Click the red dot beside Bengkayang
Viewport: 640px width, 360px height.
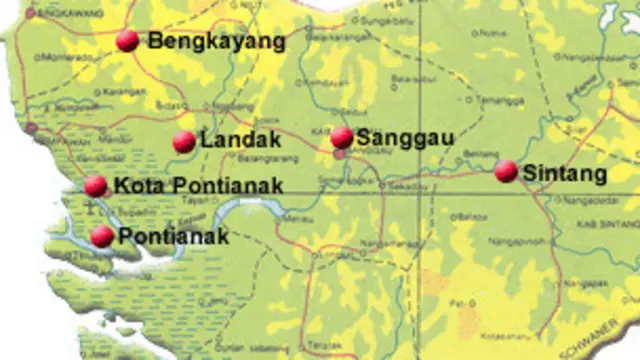pos(127,40)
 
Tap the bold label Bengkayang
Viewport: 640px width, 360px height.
pos(216,41)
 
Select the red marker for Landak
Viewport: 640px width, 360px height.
pos(184,142)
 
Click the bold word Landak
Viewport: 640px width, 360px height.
pos(240,141)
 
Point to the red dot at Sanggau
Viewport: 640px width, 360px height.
pos(342,137)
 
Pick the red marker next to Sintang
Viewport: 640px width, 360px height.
pos(506,171)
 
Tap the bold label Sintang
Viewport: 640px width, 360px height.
pos(565,174)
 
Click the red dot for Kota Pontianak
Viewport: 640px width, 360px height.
pos(96,185)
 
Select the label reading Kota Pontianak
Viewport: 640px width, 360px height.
pos(198,184)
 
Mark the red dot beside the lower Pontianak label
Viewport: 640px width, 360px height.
pos(102,236)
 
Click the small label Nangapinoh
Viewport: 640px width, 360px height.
pos(517,241)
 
